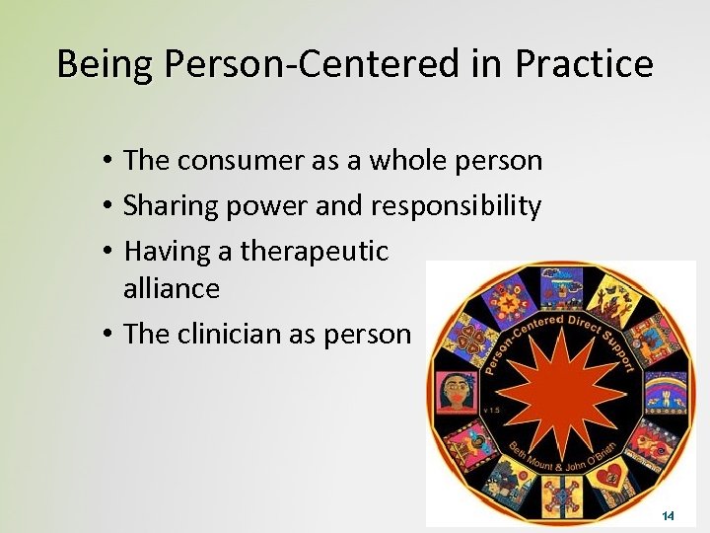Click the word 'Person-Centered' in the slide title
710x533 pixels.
pos(305,65)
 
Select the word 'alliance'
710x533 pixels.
pos(172,288)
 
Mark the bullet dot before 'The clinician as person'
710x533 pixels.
pos(105,335)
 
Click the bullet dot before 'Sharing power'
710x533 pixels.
pos(105,206)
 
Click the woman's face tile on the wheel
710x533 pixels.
pos(457,392)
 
